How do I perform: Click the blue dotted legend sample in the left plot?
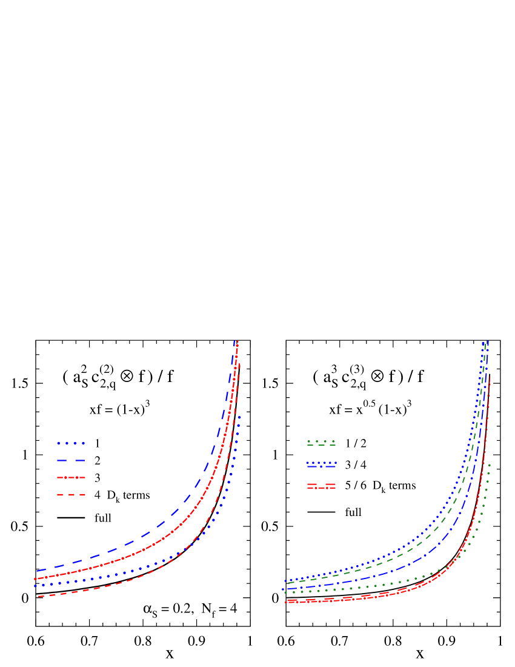point(71,443)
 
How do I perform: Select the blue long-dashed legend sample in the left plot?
point(71,461)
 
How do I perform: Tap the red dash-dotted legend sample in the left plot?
point(71,478)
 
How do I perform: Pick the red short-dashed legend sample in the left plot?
point(71,495)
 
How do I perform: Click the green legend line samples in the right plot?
point(321,443)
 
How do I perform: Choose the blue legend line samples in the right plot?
point(321,464)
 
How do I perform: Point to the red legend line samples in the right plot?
point(321,486)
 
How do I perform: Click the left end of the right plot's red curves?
point(287,602)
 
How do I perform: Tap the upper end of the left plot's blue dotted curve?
point(239,417)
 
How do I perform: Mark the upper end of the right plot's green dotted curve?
point(489,464)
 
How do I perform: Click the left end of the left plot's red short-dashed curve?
point(39,597)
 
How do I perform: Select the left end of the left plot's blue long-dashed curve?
point(37,571)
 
